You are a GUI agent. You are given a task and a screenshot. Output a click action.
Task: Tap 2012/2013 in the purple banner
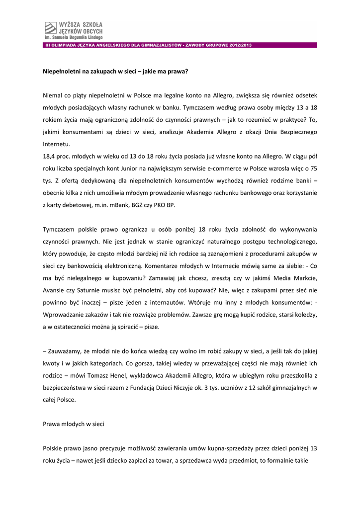241,45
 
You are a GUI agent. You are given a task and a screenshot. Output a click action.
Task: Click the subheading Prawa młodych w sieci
74,425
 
